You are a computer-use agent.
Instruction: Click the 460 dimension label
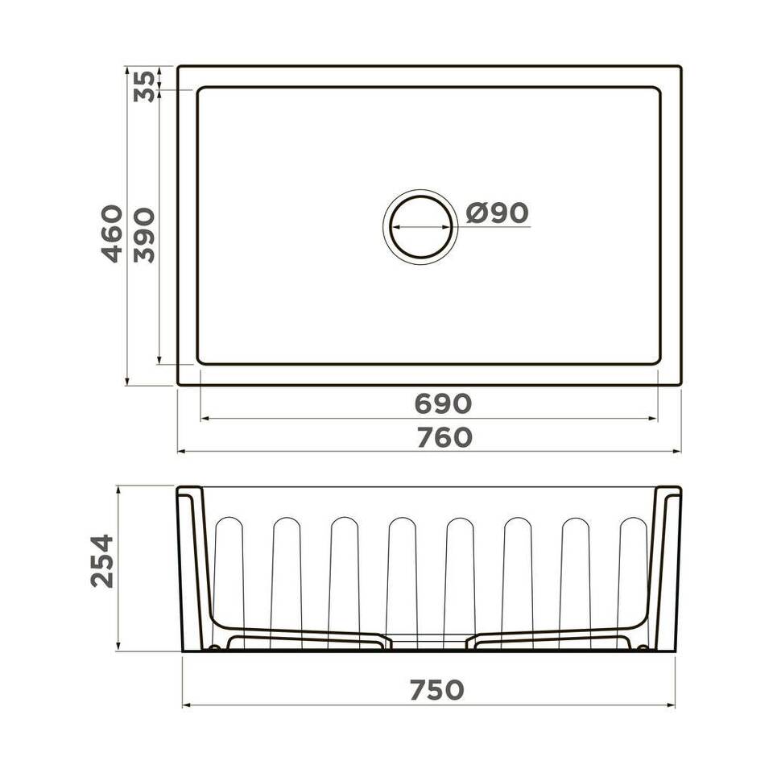tap(112, 234)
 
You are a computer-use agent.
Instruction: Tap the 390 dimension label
tap(144, 235)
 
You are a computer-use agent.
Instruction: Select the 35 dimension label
tap(144, 87)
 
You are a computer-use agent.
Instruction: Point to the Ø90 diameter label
tap(497, 213)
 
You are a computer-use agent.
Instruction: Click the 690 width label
tap(443, 403)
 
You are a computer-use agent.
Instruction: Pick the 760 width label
tap(444, 437)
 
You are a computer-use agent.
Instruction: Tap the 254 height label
tap(102, 560)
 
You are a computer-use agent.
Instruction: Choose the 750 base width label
tap(436, 690)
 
